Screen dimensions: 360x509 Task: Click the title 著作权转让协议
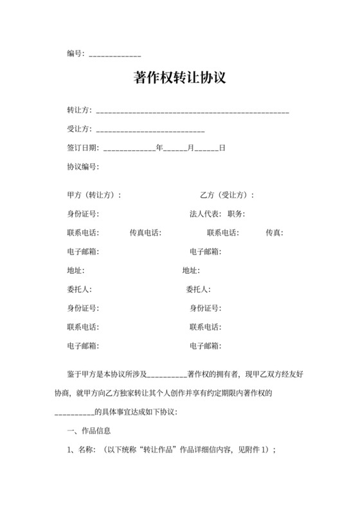click(x=179, y=78)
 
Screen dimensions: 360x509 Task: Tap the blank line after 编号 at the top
click(x=114, y=54)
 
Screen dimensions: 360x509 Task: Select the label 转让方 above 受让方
click(x=79, y=111)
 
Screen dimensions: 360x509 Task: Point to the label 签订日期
click(x=83, y=148)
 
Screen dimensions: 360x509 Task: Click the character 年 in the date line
click(x=159, y=148)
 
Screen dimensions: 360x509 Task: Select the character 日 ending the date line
click(x=222, y=148)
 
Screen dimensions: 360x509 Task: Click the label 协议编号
click(x=83, y=166)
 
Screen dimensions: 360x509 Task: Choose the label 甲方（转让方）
click(x=94, y=195)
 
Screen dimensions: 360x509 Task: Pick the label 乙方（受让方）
click(x=227, y=195)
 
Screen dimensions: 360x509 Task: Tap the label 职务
click(x=236, y=213)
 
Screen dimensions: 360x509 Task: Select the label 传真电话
click(x=145, y=233)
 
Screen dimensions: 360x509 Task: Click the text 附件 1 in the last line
click(x=255, y=450)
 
